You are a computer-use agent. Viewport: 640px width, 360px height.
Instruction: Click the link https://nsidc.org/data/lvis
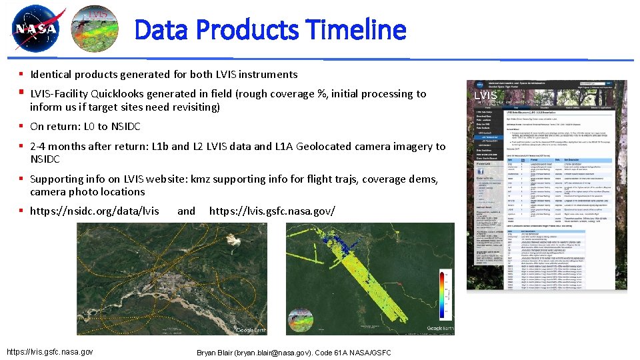click(95, 211)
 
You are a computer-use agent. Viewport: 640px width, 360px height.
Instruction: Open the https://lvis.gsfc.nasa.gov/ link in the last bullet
click(272, 211)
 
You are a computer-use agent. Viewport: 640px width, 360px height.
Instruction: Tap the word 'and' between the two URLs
click(186, 211)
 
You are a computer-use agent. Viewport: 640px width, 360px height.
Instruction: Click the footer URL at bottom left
click(49, 351)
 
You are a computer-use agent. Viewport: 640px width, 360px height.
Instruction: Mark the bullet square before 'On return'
click(22, 127)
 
